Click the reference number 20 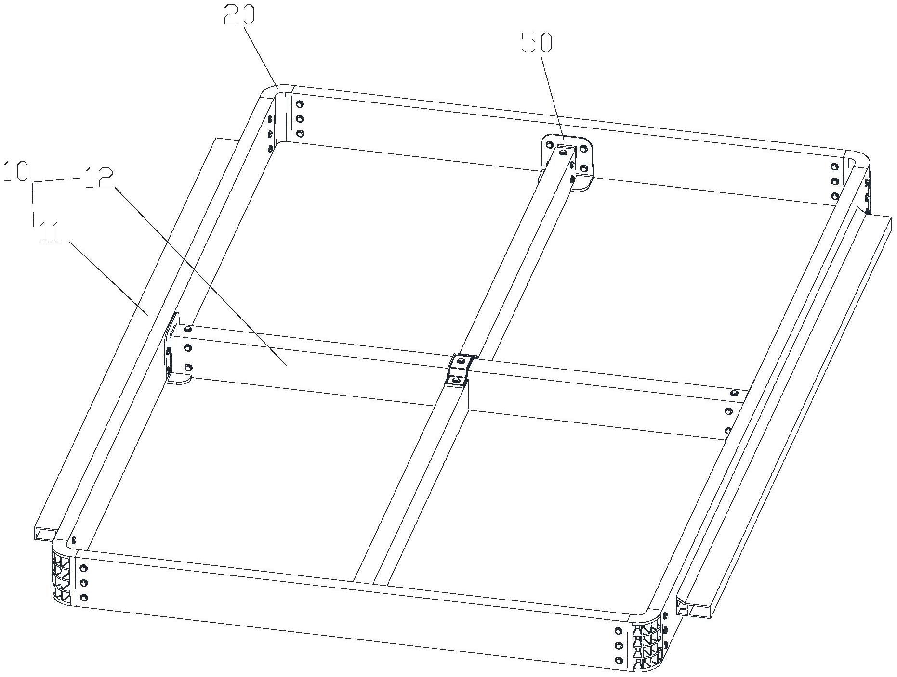tap(239, 16)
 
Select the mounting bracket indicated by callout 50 tap(568, 161)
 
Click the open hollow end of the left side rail tap(44, 533)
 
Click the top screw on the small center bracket tap(462, 360)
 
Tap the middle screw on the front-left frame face tap(84, 583)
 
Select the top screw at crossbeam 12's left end tap(187, 329)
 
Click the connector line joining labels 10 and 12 tap(56, 180)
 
